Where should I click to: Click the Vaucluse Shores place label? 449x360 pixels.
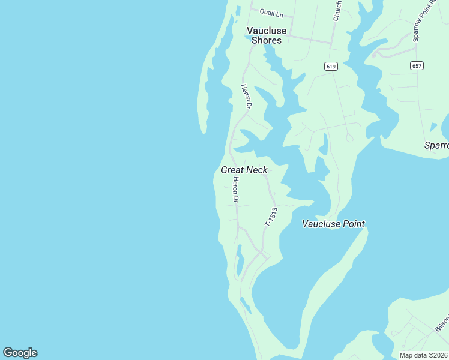[x=267, y=35]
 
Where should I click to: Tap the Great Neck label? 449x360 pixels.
[x=244, y=170]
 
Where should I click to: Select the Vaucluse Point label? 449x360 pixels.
[x=333, y=224]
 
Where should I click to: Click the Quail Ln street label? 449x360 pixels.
[x=271, y=12]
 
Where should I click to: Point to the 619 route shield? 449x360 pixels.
[x=331, y=65]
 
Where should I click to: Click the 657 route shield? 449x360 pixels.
[x=417, y=65]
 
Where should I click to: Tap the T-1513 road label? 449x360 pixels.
[x=271, y=217]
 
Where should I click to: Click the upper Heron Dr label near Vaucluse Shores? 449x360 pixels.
[x=246, y=96]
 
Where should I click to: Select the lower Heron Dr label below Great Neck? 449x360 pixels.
[x=236, y=190]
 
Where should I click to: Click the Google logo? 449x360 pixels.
[x=20, y=353]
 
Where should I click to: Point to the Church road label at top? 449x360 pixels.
[x=338, y=11]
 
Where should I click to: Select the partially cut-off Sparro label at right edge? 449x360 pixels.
[x=436, y=145]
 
